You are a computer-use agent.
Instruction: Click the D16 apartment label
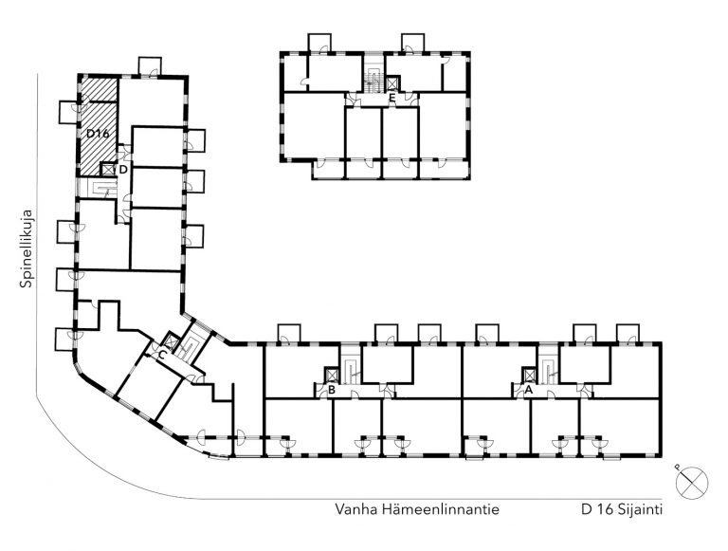click(98, 134)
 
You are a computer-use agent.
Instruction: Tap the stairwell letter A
click(528, 390)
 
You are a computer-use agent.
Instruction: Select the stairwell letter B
click(332, 390)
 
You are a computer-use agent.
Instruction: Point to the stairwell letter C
click(162, 356)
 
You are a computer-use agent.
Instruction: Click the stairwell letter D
click(123, 170)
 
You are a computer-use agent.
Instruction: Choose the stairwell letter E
click(392, 98)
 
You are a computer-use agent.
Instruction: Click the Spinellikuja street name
click(27, 249)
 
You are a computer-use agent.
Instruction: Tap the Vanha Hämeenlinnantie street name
click(417, 509)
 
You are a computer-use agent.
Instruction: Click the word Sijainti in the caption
click(640, 509)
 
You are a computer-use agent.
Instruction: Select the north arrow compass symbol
click(692, 482)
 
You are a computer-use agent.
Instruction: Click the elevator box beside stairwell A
click(529, 375)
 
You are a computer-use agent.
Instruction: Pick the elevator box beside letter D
click(108, 169)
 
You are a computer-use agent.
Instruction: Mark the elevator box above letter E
click(392, 83)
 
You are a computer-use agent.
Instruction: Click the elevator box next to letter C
click(172, 341)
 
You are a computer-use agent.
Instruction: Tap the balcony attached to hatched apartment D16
click(68, 112)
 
